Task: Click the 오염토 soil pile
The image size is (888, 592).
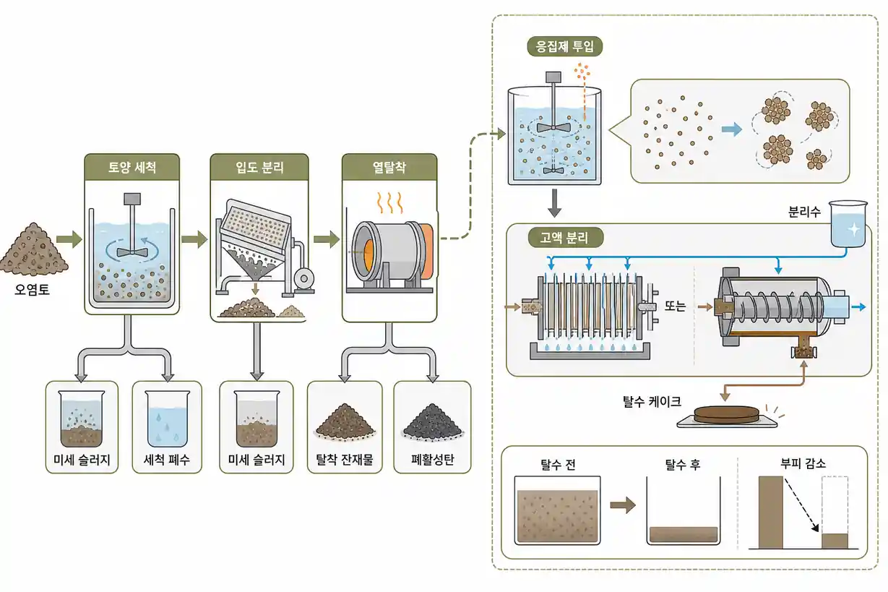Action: tap(34, 250)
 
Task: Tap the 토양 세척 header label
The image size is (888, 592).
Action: tap(132, 167)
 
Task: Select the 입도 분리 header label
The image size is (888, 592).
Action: tap(259, 167)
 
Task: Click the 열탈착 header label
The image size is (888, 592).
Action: tap(389, 167)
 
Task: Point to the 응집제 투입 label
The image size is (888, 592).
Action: tap(564, 47)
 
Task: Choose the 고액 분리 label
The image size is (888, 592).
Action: tap(566, 238)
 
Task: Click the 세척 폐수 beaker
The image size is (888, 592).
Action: tap(168, 419)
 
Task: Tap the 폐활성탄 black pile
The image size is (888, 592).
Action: tap(433, 423)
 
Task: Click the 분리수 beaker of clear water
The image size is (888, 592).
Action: tap(848, 223)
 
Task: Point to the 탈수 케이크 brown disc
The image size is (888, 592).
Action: tap(726, 415)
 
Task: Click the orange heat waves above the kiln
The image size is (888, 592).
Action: tap(389, 202)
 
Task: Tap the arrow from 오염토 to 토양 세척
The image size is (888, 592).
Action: tap(69, 239)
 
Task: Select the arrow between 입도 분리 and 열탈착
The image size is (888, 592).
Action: tap(327, 239)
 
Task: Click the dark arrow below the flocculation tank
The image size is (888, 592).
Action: tap(554, 203)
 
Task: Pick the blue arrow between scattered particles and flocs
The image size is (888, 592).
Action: tap(732, 129)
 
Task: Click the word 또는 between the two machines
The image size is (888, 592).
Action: tap(675, 306)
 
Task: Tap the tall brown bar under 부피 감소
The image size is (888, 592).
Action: tap(771, 512)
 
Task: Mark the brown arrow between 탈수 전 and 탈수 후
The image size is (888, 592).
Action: tap(623, 505)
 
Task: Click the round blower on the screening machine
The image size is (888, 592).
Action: tap(303, 278)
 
